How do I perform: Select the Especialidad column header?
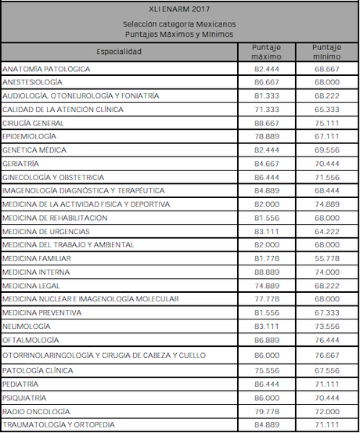(119, 52)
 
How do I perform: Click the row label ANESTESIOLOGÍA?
(33, 81)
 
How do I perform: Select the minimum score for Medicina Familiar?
(328, 258)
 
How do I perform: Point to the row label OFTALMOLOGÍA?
(31, 340)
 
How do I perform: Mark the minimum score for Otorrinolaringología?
(328, 355)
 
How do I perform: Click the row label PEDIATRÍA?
(22, 384)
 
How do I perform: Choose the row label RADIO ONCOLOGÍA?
(34, 411)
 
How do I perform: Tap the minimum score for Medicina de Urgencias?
(328, 232)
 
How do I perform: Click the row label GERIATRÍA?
(22, 164)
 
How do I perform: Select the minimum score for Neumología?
(328, 327)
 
